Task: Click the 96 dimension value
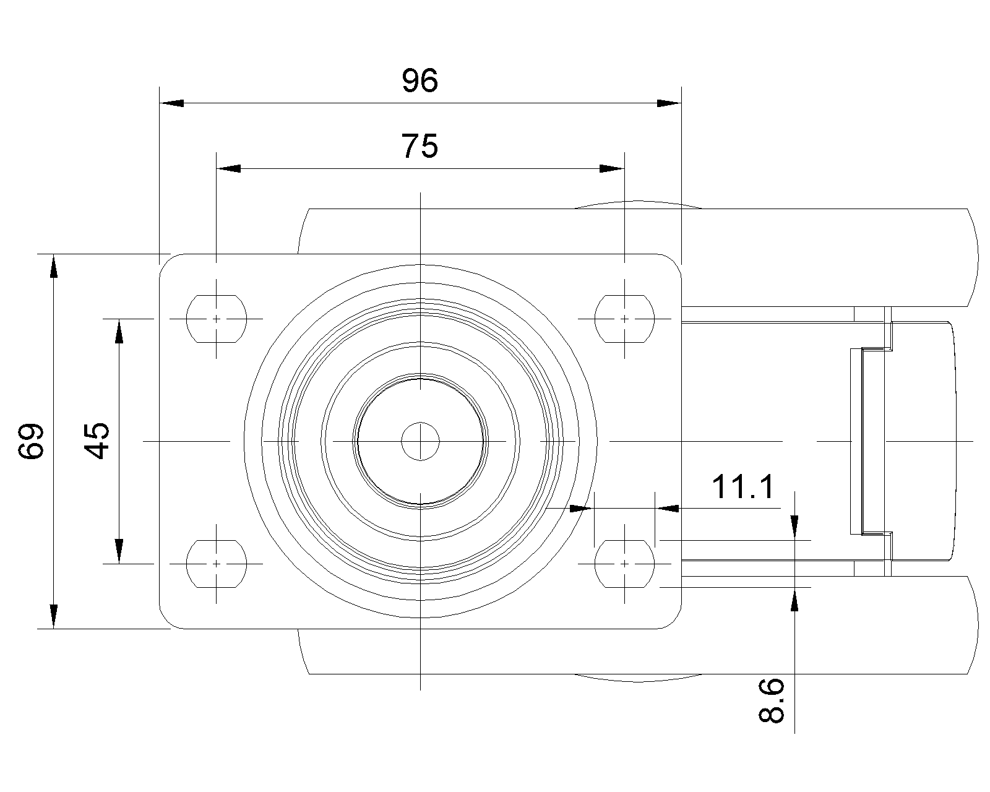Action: (x=420, y=80)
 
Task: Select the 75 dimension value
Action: (x=420, y=147)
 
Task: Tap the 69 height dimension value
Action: (x=31, y=441)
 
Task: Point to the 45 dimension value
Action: (x=97, y=441)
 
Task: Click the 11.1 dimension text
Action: (x=742, y=487)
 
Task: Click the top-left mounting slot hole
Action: (x=216, y=319)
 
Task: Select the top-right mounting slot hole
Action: (x=624, y=319)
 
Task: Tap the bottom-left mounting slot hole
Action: (x=216, y=564)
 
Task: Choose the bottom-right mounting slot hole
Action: (x=624, y=564)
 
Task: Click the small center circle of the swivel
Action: (x=420, y=441)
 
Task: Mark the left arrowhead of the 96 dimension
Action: (x=172, y=103)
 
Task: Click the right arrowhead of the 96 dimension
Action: (x=669, y=103)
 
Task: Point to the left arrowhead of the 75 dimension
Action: (x=228, y=168)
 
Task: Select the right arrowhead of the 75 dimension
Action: (x=612, y=168)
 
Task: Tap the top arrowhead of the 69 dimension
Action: (x=54, y=266)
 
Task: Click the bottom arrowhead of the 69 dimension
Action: (x=54, y=616)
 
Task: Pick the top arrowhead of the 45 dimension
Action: (x=119, y=331)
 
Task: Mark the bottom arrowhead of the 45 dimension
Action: (x=119, y=551)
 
